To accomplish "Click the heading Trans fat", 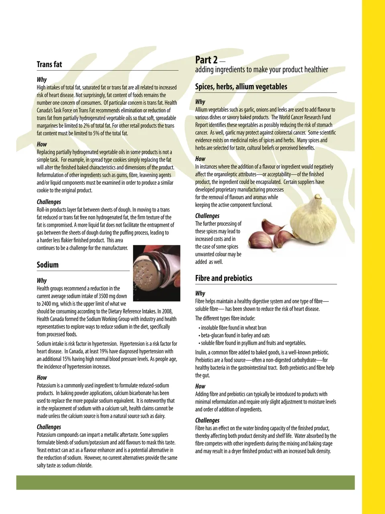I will click(x=49, y=64).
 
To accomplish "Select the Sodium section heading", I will click(x=48, y=265).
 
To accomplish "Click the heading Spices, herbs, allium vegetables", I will click(x=241, y=86).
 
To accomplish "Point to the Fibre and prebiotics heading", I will click(x=224, y=278).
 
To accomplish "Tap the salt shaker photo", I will click(x=156, y=273).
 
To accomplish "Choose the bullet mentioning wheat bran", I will click(x=233, y=328).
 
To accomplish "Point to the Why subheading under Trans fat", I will click(x=42, y=80).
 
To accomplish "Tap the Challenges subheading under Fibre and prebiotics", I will click(x=207, y=420).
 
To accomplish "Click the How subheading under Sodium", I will click(x=42, y=377).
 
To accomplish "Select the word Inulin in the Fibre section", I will click(x=201, y=352).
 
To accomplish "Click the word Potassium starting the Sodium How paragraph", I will click(x=48, y=385).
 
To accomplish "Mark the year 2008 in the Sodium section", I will click(x=167, y=311).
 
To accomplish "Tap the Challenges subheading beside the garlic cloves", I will click(x=207, y=216).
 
